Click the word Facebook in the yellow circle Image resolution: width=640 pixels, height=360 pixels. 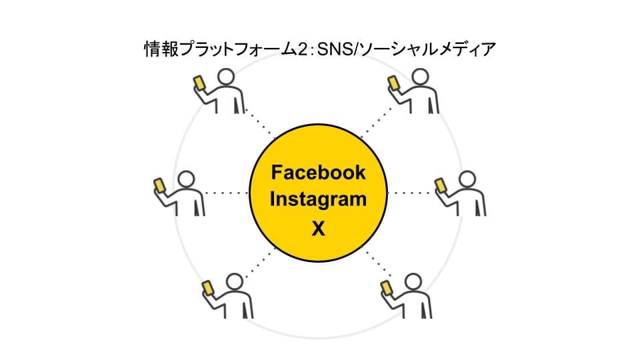pos(318,173)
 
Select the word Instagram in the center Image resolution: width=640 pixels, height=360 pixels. pos(318,199)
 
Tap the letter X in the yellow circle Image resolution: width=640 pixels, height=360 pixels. pos(318,229)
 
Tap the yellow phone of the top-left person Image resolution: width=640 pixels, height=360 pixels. pos(199,83)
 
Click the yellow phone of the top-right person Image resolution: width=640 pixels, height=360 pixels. pos(393,83)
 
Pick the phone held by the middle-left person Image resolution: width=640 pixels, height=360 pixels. pos(159,185)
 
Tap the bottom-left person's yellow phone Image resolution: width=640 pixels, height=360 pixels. pos(207,287)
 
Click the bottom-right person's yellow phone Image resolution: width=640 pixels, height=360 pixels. pos(386,287)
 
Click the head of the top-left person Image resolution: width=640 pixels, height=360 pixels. pos(226,78)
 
